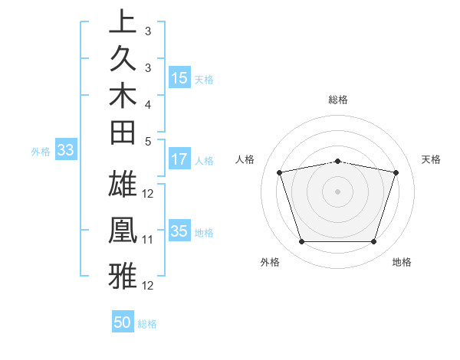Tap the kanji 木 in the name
tap(123, 97)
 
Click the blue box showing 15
tap(179, 77)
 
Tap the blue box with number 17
tap(179, 160)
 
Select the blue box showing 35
tap(179, 231)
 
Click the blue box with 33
tap(65, 151)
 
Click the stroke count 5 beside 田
tap(148, 141)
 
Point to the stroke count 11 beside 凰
tap(148, 240)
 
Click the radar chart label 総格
tap(337, 100)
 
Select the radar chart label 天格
tap(432, 159)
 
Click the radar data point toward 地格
tap(373, 242)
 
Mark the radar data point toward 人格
tap(280, 172)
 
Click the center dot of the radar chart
tap(337, 191)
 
